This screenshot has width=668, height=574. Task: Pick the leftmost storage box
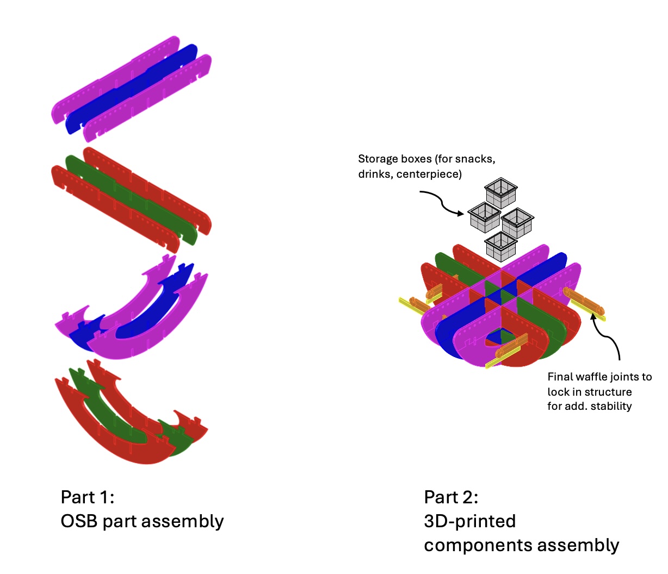(484, 218)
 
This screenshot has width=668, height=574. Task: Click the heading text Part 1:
(88, 497)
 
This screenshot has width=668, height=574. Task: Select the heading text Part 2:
(451, 497)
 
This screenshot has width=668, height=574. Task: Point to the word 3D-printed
(470, 521)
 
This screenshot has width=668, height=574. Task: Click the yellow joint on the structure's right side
(590, 310)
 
